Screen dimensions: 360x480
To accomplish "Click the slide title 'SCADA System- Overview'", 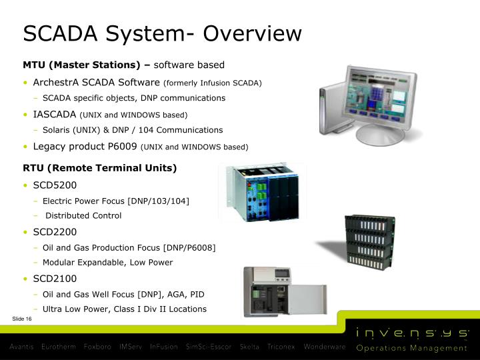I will (x=162, y=33).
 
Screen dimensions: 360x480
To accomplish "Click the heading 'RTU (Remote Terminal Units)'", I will (x=99, y=168).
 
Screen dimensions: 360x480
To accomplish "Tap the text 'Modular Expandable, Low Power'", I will (x=107, y=263).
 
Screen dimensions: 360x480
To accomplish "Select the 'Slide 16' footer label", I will (x=22, y=319).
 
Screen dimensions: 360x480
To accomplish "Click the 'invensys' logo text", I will (x=412, y=333).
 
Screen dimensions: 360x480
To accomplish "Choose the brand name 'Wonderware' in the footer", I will (x=325, y=347).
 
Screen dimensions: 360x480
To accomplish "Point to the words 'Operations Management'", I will (x=412, y=348).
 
